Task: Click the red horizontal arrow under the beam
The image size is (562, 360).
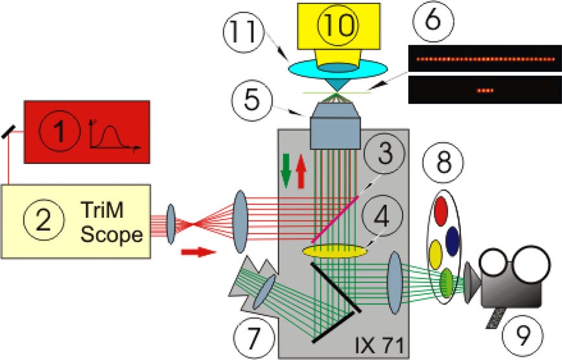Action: (x=198, y=251)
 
